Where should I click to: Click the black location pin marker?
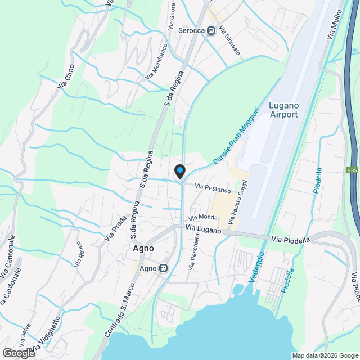179,171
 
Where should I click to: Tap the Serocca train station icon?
211,30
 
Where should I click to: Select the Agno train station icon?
164,268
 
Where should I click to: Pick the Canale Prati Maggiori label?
236,136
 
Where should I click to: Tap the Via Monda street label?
203,217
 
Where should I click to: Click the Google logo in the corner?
19,353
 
